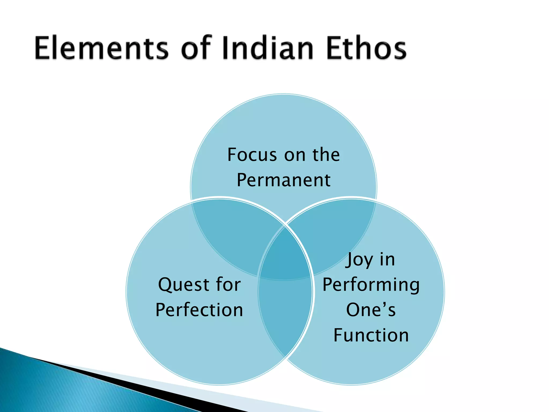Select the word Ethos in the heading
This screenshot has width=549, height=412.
point(366,48)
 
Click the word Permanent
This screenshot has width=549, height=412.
point(283,180)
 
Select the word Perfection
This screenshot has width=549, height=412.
point(199,310)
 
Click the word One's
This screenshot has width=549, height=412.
point(371,310)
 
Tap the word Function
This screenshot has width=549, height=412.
point(371,335)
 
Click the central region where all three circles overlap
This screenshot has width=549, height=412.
point(285,255)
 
